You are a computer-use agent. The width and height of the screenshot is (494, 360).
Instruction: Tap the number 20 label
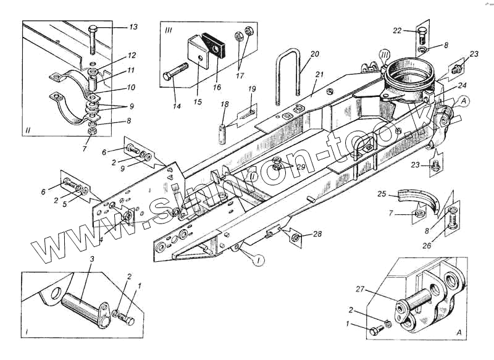[315, 54]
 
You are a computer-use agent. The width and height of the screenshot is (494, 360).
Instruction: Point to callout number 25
[382, 195]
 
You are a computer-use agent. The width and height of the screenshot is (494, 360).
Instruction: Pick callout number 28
[317, 233]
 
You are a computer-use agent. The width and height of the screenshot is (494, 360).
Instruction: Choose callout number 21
[319, 75]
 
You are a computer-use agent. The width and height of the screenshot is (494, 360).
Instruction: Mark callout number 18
[225, 105]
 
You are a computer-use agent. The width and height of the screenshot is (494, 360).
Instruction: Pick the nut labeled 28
[296, 237]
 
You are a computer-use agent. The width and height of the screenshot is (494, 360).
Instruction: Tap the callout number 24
[463, 85]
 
